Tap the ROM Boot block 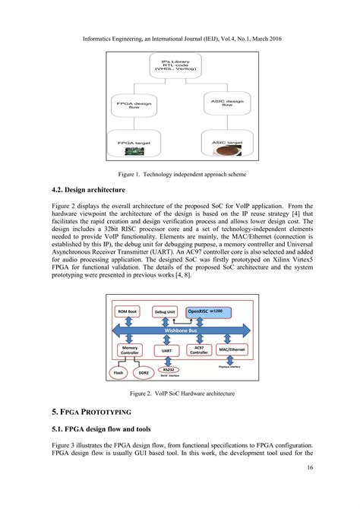pyautogui.click(x=128, y=312)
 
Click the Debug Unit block pyautogui.click(x=166, y=312)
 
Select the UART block pyautogui.click(x=166, y=351)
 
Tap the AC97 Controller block pyautogui.click(x=199, y=350)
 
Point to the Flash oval pyautogui.click(x=118, y=374)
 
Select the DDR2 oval pyautogui.click(x=142, y=374)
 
